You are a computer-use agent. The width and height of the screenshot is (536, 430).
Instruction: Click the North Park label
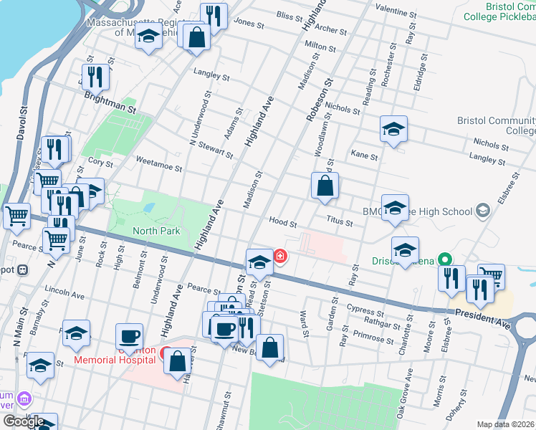click(x=156, y=231)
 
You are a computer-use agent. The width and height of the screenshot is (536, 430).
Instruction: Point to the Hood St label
click(x=282, y=222)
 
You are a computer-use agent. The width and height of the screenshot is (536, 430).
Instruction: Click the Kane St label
click(x=364, y=154)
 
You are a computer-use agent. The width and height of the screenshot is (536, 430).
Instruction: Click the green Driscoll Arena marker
click(x=444, y=259)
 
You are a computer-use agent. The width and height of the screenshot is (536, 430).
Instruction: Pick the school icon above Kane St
click(x=393, y=129)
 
